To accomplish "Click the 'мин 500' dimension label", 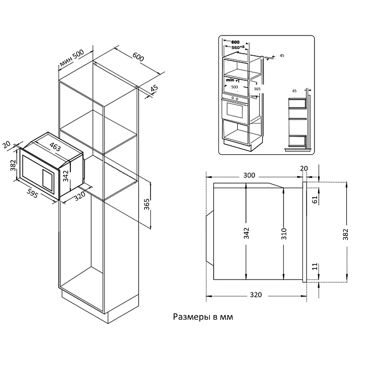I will pos(72,60).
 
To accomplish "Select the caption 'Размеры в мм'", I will pos(203,317).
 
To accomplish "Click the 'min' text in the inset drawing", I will pos(232,80).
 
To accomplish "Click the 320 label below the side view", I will pos(256,295).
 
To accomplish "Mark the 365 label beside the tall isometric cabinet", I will pos(147,204).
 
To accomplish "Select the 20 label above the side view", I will pos(305,168).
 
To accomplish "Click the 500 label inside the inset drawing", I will pos(235,88).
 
